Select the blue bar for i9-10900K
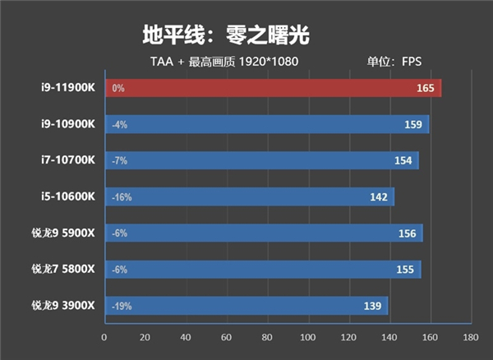[267, 125]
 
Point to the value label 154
[403, 160]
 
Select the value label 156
[406, 233]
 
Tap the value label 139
[371, 306]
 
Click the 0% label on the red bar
[117, 89]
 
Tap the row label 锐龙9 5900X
[63, 233]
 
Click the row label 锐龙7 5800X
[63, 270]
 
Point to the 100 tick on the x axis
[307, 337]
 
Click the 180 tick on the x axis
[470, 337]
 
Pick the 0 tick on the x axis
[104, 337]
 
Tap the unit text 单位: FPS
[394, 61]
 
